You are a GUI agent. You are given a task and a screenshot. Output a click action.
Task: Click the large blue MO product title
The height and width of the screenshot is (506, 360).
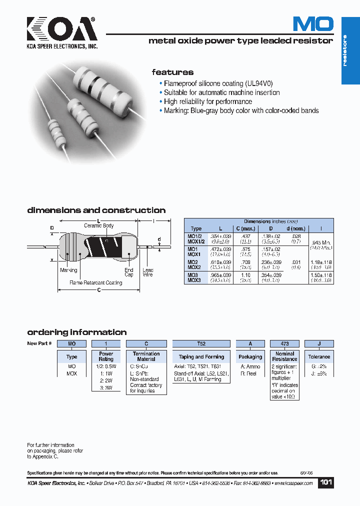(x=312, y=24)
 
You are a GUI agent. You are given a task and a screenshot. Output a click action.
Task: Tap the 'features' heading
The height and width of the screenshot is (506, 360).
(x=172, y=72)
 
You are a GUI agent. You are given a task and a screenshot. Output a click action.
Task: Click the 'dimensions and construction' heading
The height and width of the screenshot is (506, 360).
(x=96, y=210)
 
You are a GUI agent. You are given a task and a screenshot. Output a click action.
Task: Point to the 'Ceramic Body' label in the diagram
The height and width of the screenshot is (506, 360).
(x=98, y=226)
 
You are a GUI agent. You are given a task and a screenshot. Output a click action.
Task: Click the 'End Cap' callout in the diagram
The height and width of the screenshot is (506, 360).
(x=129, y=272)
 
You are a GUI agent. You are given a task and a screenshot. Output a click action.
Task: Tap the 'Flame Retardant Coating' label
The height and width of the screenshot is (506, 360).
(x=95, y=283)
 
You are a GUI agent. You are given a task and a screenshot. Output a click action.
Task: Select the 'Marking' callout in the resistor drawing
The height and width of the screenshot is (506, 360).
(x=68, y=270)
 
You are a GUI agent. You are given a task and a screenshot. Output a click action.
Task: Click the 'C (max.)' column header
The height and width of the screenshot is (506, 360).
(x=245, y=228)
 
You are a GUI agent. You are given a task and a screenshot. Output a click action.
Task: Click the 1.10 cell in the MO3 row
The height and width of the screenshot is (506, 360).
(x=245, y=275)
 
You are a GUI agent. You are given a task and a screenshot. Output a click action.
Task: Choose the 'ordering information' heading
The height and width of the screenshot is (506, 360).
(x=76, y=332)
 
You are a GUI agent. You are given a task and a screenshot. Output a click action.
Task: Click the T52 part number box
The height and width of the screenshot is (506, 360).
(x=201, y=344)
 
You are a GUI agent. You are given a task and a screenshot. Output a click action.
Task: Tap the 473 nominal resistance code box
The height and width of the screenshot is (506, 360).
(x=284, y=344)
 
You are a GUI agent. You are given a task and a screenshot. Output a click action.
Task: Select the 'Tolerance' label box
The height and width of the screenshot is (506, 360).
(x=319, y=356)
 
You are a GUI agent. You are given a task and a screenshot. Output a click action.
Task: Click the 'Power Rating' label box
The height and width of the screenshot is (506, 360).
(x=106, y=356)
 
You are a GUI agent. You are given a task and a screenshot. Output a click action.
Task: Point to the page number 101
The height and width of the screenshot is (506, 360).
(x=326, y=482)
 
